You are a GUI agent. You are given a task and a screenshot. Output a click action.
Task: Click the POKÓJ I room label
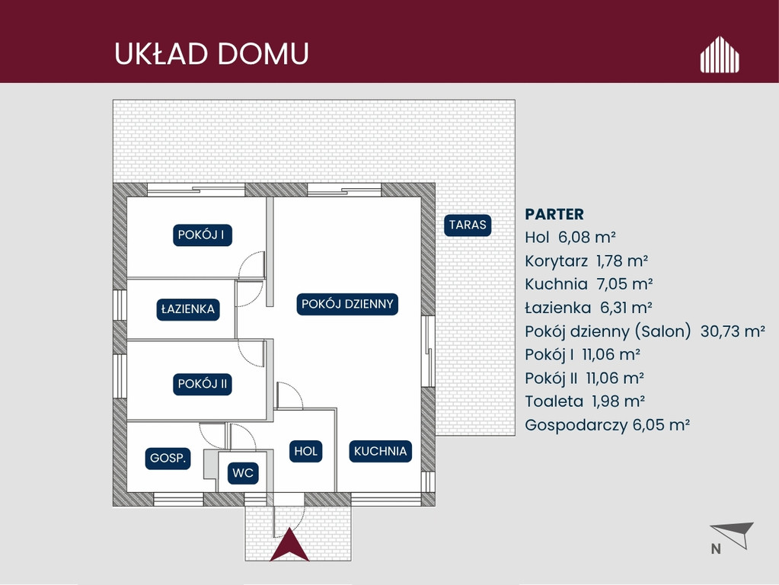point(203,235)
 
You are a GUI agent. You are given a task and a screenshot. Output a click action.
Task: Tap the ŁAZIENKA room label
point(188,309)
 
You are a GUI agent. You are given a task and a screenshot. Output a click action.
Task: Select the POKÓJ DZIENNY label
point(347,304)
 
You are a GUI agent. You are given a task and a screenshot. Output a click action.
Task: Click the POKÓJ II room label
point(203,384)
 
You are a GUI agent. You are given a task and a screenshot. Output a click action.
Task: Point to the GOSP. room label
point(168,459)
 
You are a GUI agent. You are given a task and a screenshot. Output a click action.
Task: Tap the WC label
point(243,473)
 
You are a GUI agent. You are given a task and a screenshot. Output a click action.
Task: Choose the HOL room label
point(305,451)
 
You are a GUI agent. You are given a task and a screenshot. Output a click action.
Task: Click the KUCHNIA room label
point(380,451)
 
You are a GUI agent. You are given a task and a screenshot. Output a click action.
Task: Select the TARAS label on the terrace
point(468,225)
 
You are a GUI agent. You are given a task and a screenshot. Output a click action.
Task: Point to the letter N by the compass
point(716,548)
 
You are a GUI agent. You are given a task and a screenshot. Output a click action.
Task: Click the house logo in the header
point(720,55)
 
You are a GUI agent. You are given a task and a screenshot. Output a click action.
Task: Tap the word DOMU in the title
point(263,53)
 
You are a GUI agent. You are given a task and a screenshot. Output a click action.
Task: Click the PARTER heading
point(554,214)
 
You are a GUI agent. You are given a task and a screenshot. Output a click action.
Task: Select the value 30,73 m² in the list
point(733,331)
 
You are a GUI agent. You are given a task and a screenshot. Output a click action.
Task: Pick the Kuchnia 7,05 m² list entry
point(589,284)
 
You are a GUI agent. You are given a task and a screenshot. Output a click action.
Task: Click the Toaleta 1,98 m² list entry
point(585,401)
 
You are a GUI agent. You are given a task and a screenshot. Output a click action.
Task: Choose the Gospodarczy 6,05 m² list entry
point(607,426)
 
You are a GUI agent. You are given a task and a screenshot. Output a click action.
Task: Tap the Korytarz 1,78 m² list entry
point(586,261)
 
